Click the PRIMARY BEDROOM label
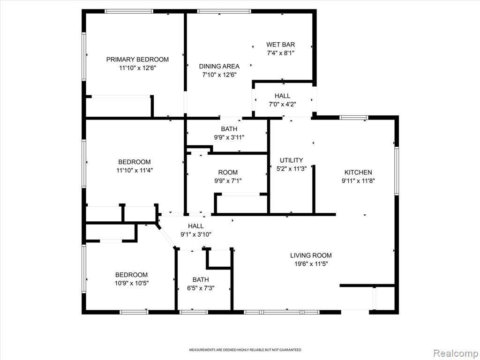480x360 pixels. click(x=137, y=60)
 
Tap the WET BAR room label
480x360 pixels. click(x=280, y=45)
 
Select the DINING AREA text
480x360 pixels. click(x=219, y=66)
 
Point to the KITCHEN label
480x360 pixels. click(x=358, y=172)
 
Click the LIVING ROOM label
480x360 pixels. click(x=311, y=255)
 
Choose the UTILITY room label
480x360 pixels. click(x=292, y=160)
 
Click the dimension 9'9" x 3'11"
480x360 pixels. click(x=229, y=138)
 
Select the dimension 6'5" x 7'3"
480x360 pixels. click(x=201, y=288)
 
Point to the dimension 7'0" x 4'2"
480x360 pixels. click(x=282, y=105)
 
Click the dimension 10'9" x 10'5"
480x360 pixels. click(x=132, y=284)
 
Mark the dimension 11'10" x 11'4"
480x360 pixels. click(x=135, y=171)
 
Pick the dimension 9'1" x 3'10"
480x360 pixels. click(x=196, y=235)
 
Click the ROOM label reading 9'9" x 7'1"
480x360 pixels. click(x=228, y=172)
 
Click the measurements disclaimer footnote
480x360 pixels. click(x=245, y=350)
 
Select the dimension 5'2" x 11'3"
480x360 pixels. click(x=292, y=169)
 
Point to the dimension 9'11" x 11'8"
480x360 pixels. click(x=358, y=181)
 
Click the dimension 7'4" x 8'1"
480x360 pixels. click(x=280, y=53)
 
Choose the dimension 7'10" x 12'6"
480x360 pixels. click(x=219, y=75)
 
